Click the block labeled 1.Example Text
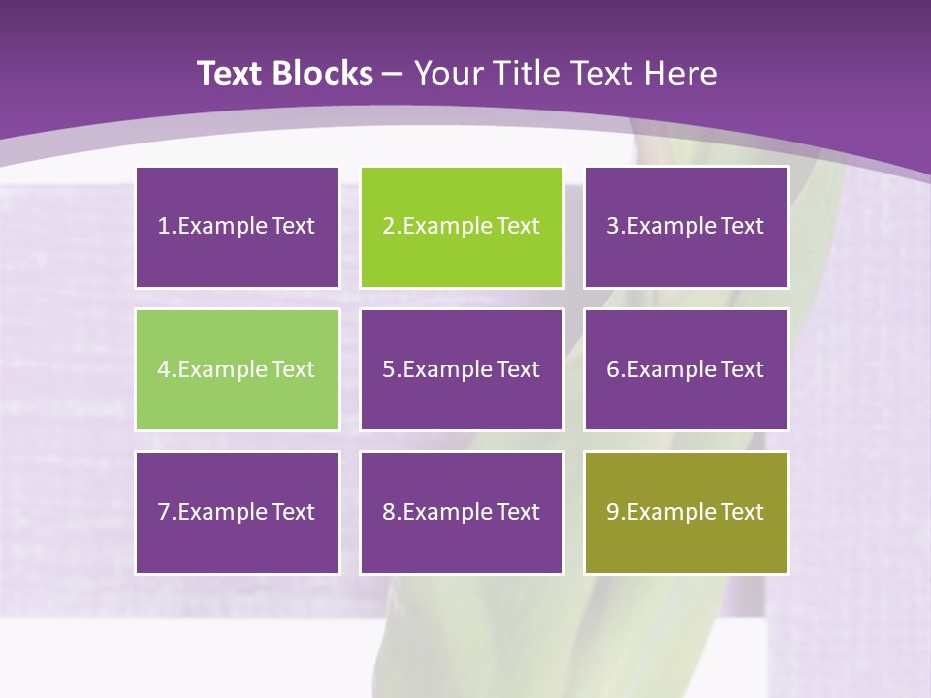coord(238,227)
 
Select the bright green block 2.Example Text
coord(462,227)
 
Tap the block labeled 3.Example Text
coord(686,227)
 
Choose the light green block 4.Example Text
coord(238,369)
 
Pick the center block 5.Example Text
coord(462,369)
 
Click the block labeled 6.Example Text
coord(686,369)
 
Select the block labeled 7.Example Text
coord(238,512)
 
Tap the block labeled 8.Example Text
coord(462,512)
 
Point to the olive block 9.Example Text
coord(686,512)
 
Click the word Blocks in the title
coord(325,74)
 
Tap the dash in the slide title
coord(393,74)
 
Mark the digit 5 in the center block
coord(388,369)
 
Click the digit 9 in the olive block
coord(612,512)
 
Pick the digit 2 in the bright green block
coord(388,227)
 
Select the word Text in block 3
coord(743,227)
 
